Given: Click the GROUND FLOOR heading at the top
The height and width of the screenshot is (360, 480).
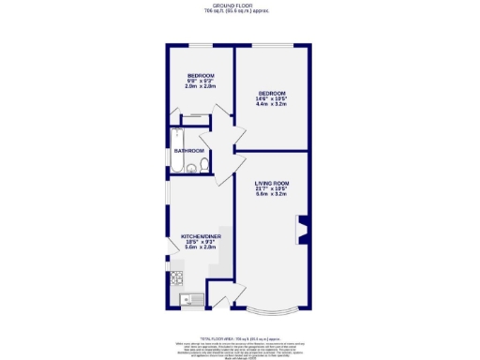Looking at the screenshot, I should pyautogui.click(x=239, y=6).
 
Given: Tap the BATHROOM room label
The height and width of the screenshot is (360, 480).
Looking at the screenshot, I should pyautogui.click(x=190, y=150).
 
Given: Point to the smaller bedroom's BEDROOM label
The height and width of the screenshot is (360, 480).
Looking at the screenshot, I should pyautogui.click(x=201, y=75).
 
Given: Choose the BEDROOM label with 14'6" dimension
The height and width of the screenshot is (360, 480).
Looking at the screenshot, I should pyautogui.click(x=272, y=93).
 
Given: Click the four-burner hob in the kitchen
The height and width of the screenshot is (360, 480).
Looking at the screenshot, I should pyautogui.click(x=175, y=277).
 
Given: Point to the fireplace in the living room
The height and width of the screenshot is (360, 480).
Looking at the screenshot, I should pyautogui.click(x=303, y=230).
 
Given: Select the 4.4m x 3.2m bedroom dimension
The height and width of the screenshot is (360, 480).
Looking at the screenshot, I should pyautogui.click(x=272, y=104).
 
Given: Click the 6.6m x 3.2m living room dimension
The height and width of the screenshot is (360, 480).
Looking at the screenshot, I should pyautogui.click(x=271, y=194).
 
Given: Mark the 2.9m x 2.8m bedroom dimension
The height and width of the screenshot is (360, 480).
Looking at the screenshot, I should pyautogui.click(x=201, y=86).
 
